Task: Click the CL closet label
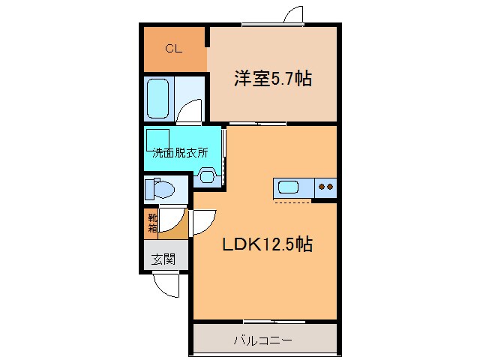pyautogui.click(x=173, y=49)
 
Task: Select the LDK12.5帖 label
pyautogui.click(x=266, y=244)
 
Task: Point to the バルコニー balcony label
pyautogui.click(x=262, y=340)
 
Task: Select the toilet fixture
pyautogui.click(x=160, y=188)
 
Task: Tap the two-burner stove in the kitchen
pyautogui.click(x=326, y=187)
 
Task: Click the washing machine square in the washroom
pyautogui.click(x=158, y=138)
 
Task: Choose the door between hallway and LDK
pyautogui.click(x=202, y=223)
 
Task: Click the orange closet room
pyautogui.click(x=174, y=49)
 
